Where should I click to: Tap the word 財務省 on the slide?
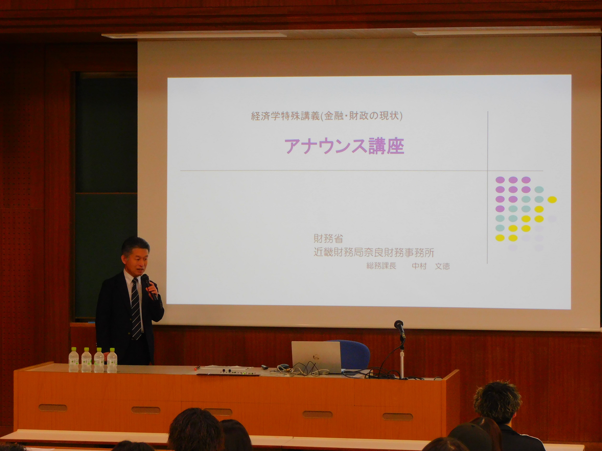(328, 239)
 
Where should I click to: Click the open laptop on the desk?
(316, 357)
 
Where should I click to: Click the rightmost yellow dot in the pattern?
(552, 200)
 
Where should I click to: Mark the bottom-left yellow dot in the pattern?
(500, 238)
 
